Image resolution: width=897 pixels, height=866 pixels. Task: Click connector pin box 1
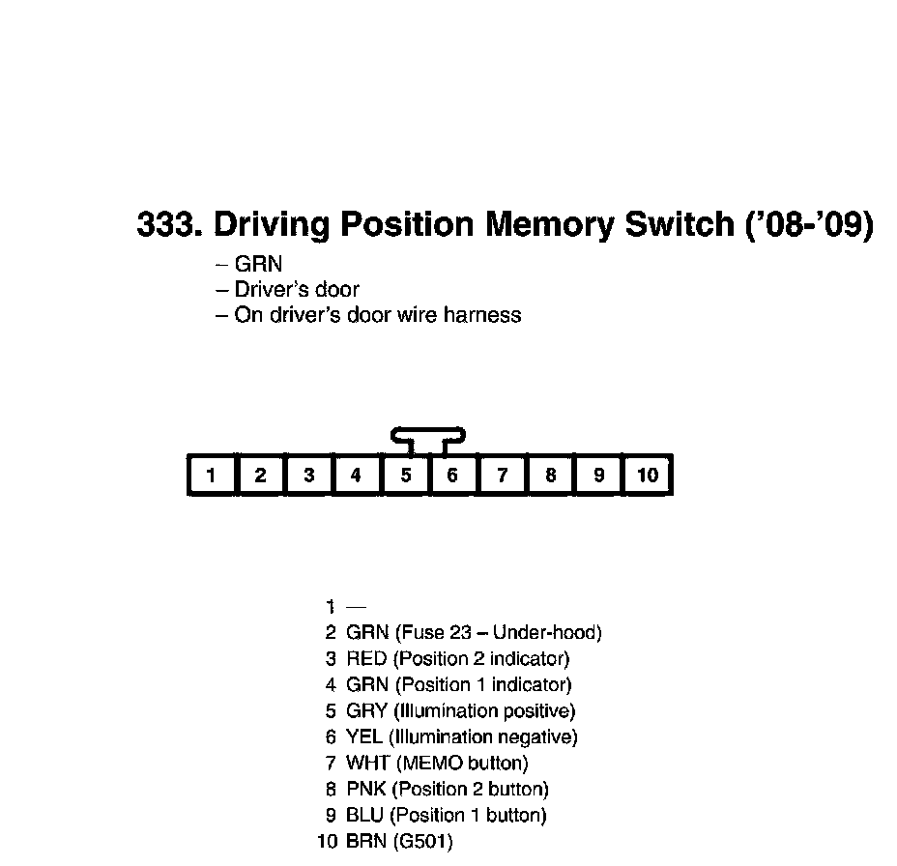click(x=211, y=475)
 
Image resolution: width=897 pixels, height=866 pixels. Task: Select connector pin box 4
click(x=357, y=475)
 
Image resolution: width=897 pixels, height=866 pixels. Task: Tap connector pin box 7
click(x=503, y=475)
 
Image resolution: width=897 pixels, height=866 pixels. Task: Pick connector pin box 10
click(x=648, y=475)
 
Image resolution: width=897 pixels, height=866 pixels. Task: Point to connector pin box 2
click(x=260, y=475)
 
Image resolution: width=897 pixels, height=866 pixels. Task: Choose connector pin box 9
click(x=599, y=475)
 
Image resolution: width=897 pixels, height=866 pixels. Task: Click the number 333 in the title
click(x=165, y=224)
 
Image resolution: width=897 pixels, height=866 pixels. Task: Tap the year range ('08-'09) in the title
click(x=810, y=224)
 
